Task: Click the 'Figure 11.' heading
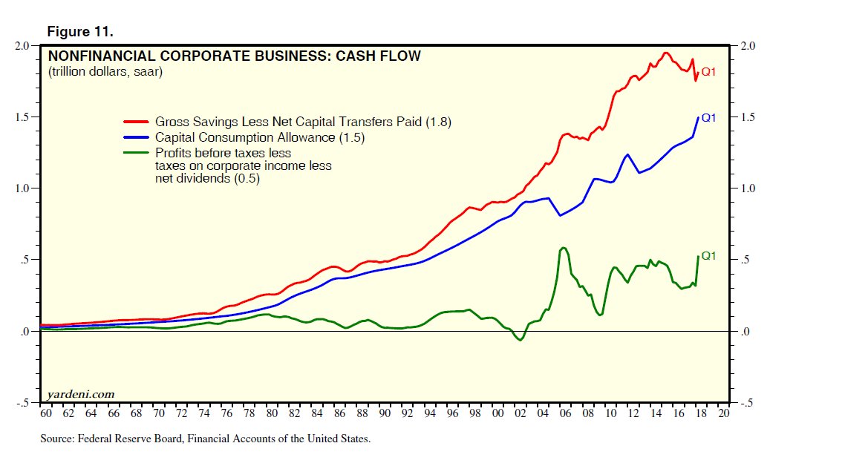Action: [80, 32]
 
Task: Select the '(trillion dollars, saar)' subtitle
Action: [105, 72]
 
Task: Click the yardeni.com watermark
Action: [81, 393]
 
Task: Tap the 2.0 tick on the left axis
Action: [22, 46]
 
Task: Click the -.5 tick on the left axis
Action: [22, 403]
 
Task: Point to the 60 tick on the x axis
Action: [46, 413]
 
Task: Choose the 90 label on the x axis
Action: [385, 413]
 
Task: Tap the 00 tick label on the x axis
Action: [498, 413]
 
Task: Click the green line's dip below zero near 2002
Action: [521, 340]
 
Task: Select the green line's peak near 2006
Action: [564, 248]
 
